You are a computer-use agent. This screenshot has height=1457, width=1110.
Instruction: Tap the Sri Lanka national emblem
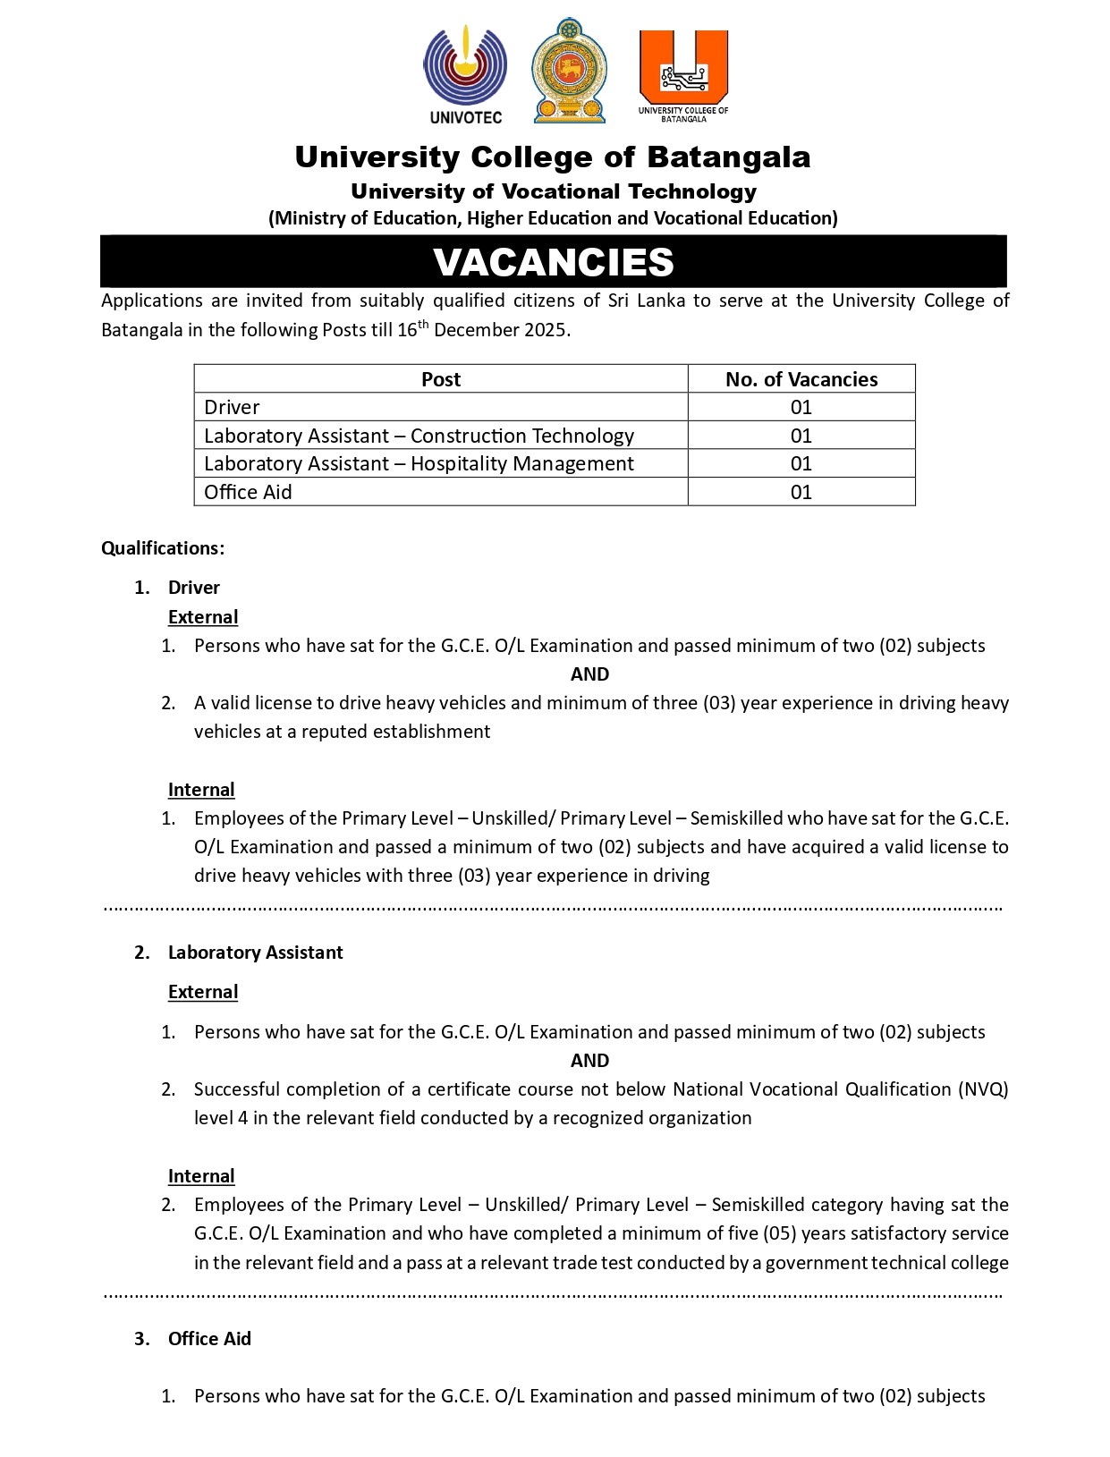coord(569,71)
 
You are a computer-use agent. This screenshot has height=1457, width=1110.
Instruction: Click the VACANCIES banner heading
coord(554,262)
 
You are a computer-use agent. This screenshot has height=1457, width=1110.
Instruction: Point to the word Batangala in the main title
coord(728,157)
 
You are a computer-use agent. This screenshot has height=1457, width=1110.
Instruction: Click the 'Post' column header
coord(441,379)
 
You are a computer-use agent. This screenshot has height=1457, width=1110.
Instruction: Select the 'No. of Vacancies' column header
coord(801,379)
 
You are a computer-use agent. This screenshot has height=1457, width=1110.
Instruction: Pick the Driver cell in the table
coord(233,408)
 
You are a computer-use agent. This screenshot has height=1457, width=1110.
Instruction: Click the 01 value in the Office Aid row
coord(801,492)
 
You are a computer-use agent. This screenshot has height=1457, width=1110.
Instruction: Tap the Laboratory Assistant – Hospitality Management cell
coord(419,463)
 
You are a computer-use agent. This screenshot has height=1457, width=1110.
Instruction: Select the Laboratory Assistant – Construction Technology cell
coord(419,436)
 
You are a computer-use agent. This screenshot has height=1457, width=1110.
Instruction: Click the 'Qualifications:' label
coord(163,548)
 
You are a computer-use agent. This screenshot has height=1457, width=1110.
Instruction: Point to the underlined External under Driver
coord(203,617)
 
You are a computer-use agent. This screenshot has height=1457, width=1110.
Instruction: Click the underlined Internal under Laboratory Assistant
coord(201,1176)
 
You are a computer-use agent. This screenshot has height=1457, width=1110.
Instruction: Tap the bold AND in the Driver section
coord(589,674)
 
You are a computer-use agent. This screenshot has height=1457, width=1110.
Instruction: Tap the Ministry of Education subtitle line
coord(554,218)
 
